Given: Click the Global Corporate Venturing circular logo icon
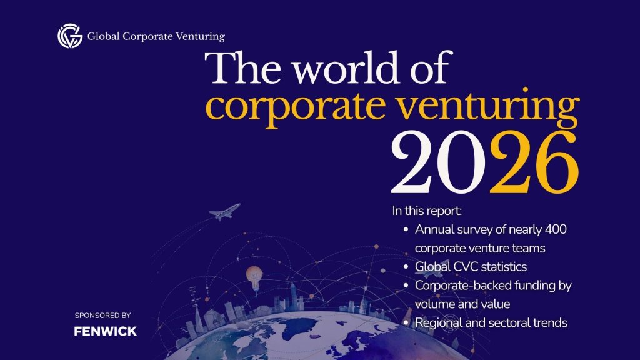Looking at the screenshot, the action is [70, 36].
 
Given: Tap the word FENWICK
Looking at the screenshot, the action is [105, 331].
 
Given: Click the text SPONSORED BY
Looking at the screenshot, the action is [103, 315].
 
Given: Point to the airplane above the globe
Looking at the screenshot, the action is [224, 212].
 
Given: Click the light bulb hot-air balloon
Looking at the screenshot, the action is [254, 277].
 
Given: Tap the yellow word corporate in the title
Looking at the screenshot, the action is [296, 107].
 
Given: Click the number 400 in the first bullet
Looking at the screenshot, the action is [556, 229].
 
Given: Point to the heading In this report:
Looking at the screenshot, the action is [427, 211].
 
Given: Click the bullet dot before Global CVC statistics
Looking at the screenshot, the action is [406, 267].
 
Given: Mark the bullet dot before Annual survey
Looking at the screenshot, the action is [406, 230].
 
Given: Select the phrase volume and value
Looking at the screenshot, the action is [462, 304].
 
